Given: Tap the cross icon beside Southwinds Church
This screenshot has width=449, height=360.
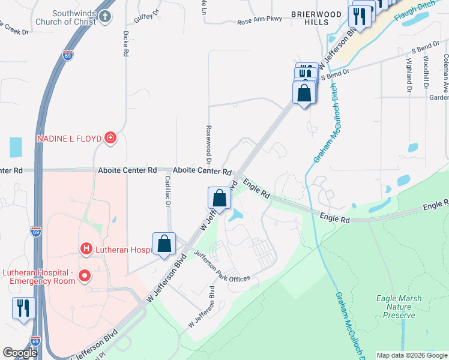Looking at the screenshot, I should (105, 16).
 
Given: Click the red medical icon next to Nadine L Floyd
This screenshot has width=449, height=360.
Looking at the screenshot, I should (110, 139).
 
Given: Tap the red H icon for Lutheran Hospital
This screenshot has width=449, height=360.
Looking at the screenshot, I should (86, 248).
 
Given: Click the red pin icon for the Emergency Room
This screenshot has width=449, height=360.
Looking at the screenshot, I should (85, 276).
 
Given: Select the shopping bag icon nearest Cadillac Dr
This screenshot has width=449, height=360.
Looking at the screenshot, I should (164, 244).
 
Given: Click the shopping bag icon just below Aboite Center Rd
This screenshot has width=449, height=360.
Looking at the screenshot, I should (219, 198).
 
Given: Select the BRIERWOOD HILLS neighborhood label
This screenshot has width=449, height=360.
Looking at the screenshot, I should (310, 17).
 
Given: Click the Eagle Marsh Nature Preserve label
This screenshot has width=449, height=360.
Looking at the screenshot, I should (398, 306).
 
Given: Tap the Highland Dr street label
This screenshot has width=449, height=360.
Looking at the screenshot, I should (408, 70).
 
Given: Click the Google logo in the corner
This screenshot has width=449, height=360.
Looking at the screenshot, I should (20, 353).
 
